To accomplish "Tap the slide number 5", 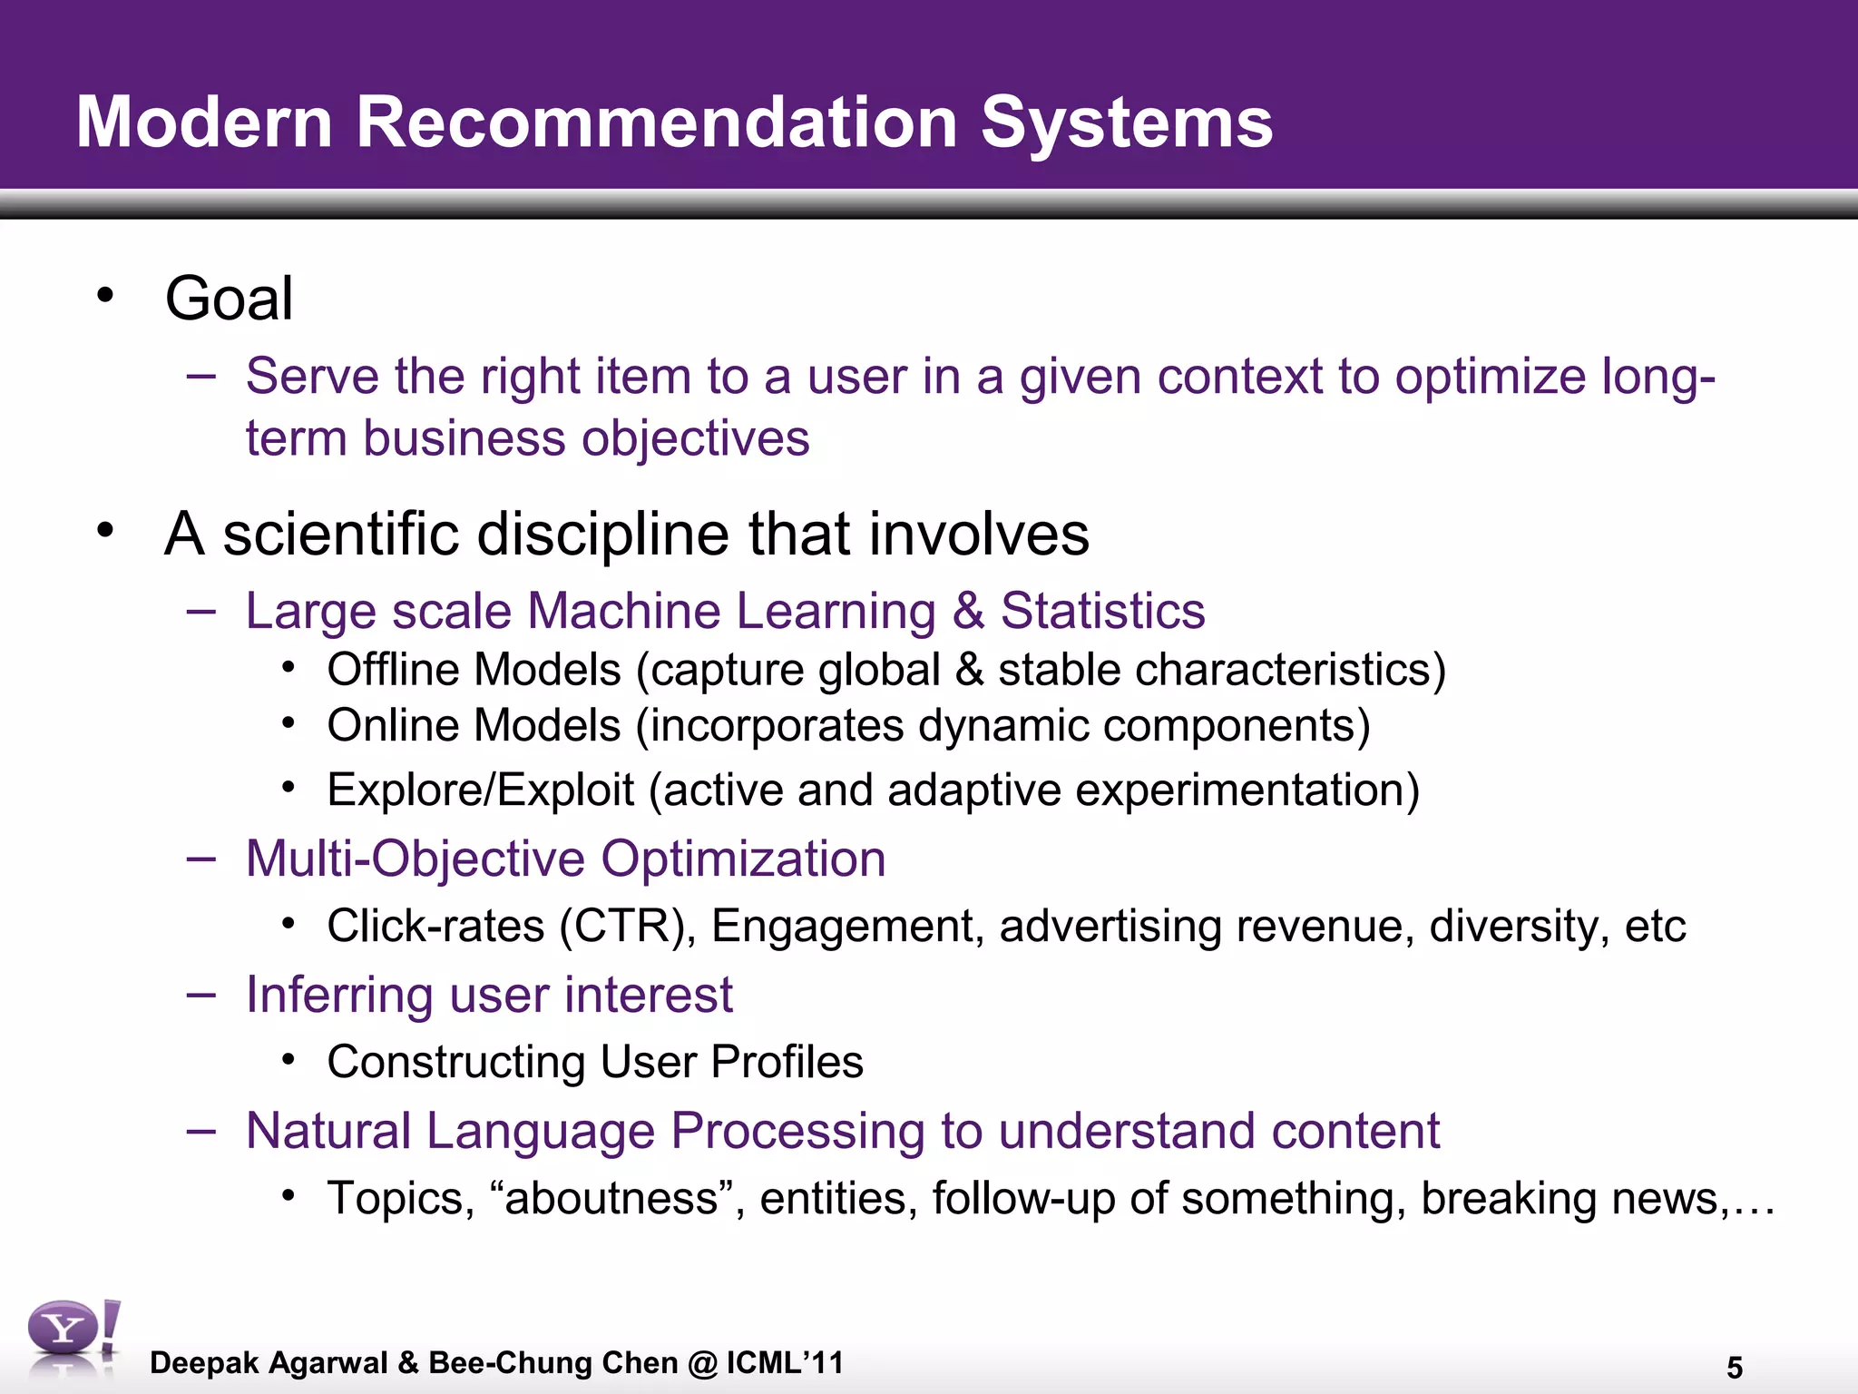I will (1734, 1368).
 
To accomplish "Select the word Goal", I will (229, 299).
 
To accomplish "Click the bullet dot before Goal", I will (106, 295).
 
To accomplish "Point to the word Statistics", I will (1102, 611).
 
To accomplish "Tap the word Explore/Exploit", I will (480, 790).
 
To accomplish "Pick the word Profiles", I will (787, 1062).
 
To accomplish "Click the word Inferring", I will (340, 995).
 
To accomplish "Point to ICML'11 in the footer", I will (785, 1362).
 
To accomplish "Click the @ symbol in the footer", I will (702, 1363).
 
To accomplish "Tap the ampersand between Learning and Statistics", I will (968, 611).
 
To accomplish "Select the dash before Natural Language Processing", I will (200, 1130).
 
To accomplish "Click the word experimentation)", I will (1247, 790).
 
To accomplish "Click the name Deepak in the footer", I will (204, 1363).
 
